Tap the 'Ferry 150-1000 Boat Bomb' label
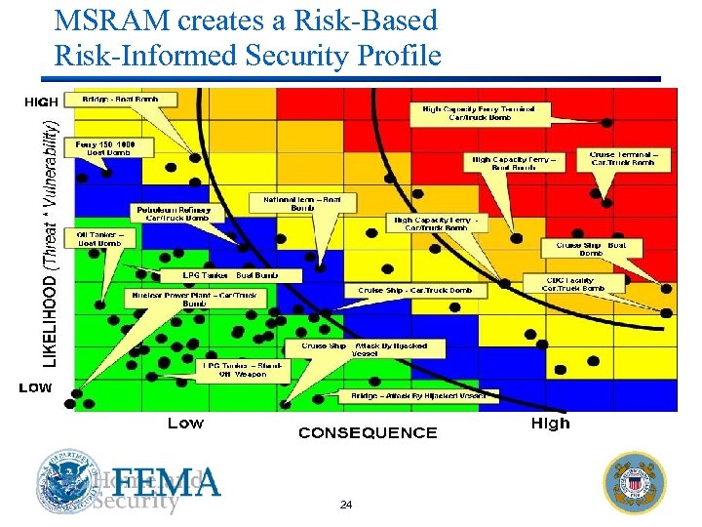(x=108, y=147)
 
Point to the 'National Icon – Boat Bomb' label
(x=303, y=202)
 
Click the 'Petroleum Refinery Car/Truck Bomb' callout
(x=177, y=213)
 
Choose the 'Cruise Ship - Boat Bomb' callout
(x=591, y=249)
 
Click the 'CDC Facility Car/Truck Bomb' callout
(x=570, y=284)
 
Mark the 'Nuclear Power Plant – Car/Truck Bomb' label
(x=194, y=299)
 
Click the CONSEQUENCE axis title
(x=367, y=432)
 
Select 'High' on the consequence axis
(x=550, y=424)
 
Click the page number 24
(x=345, y=505)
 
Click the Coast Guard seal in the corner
(x=635, y=482)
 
